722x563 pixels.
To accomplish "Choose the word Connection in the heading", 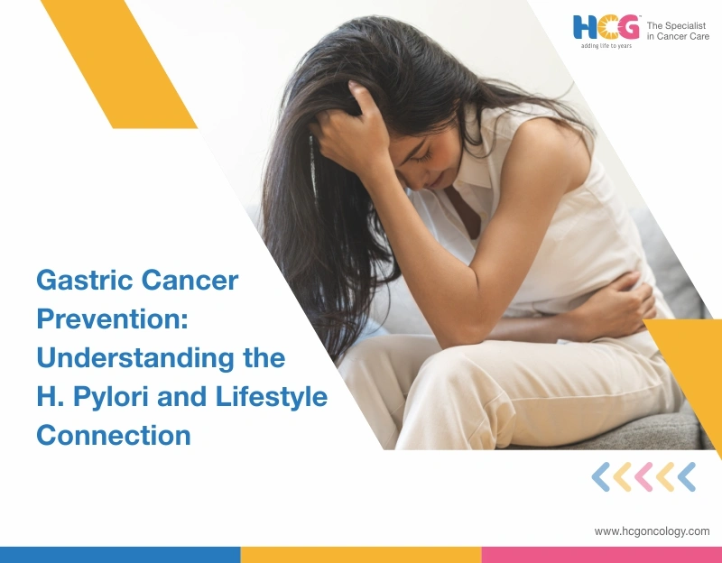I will (x=113, y=435).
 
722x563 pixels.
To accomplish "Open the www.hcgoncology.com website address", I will (x=652, y=531).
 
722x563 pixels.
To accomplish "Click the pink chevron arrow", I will (x=643, y=476).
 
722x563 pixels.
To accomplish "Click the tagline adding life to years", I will (x=606, y=45).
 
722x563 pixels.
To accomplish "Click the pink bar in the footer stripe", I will (x=601, y=554).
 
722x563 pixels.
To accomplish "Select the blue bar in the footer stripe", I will (x=120, y=554).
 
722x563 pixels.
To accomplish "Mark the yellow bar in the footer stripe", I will (x=360, y=554).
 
